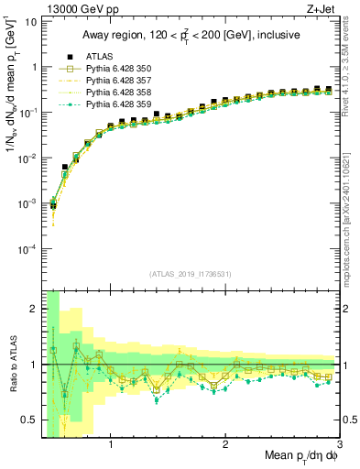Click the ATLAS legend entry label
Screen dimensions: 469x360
(98, 57)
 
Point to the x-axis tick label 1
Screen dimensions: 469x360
(111, 447)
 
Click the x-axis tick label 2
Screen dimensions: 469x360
(225, 447)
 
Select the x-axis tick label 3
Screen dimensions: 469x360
(339, 447)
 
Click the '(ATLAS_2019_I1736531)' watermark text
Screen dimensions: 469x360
(191, 274)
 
